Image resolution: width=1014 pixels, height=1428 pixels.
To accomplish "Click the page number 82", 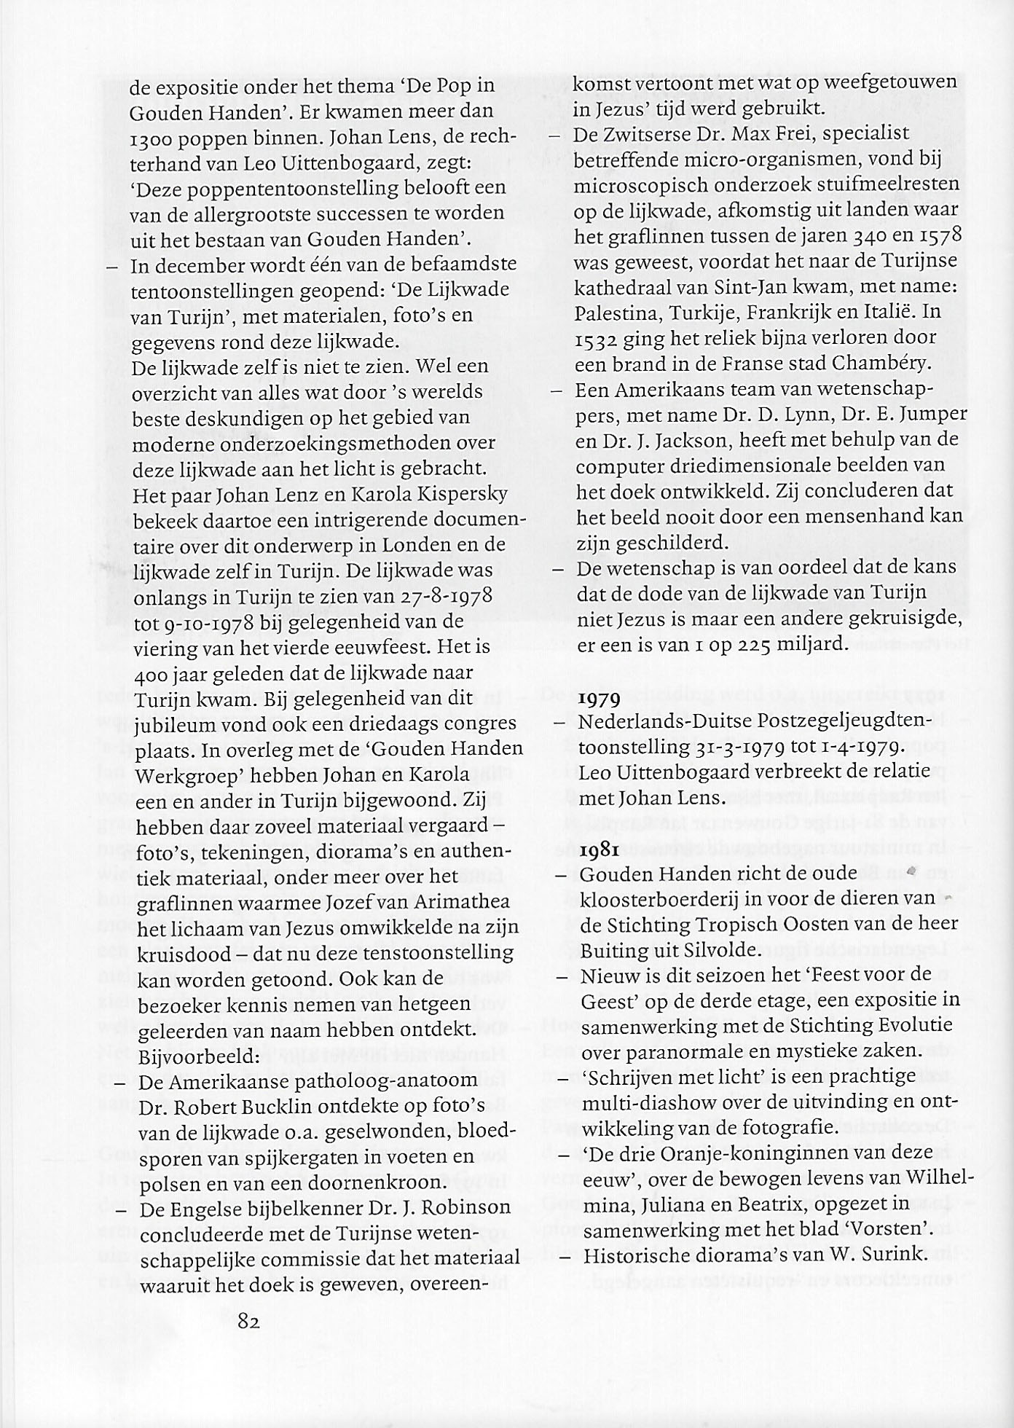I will click(x=248, y=1321).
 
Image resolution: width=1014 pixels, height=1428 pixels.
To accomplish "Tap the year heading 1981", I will click(x=600, y=850).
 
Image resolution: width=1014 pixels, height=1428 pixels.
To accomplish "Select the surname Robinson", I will click(x=465, y=1207).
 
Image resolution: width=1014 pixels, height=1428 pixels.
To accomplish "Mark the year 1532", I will click(x=597, y=339).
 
